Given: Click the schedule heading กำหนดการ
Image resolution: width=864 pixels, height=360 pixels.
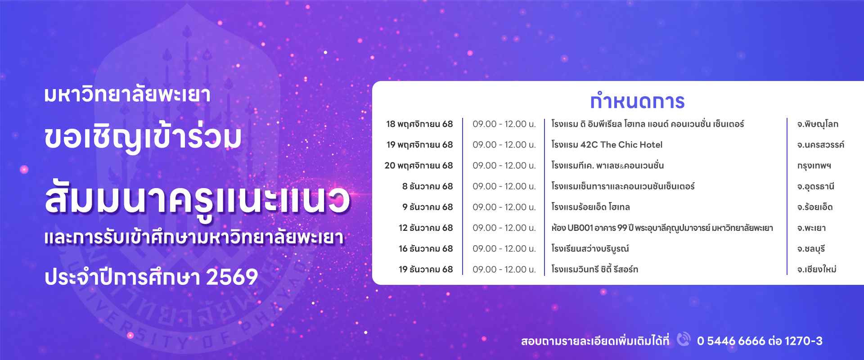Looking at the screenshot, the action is click(637, 101).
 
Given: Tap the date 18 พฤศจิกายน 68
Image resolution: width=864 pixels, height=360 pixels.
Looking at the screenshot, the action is click(419, 124).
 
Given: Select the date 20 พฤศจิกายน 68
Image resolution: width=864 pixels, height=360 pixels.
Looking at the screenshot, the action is click(418, 166).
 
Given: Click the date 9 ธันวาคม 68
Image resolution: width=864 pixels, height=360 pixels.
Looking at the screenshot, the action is click(427, 207).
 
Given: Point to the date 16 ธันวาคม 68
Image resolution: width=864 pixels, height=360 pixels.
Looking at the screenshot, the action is click(426, 248).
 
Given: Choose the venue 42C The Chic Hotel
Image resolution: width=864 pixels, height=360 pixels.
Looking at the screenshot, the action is click(621, 145).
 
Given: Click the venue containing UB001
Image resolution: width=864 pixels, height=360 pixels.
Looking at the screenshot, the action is click(662, 228).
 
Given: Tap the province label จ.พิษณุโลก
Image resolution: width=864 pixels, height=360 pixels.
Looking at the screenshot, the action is click(818, 124).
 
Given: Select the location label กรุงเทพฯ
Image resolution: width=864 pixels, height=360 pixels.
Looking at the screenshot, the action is click(814, 166).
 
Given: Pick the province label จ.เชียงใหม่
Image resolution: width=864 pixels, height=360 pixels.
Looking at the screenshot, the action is click(817, 269).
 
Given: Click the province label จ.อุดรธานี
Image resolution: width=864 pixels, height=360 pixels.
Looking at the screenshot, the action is click(816, 186).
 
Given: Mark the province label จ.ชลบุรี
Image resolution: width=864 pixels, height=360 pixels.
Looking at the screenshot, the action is click(811, 248).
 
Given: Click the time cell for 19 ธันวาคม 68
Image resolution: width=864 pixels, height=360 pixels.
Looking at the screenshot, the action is click(504, 270).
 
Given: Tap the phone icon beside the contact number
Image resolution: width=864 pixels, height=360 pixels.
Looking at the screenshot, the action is click(684, 339).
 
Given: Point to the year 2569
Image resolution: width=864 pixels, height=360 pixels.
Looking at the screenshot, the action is click(232, 277).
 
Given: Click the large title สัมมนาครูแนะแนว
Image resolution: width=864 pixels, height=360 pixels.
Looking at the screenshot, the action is click(197, 198).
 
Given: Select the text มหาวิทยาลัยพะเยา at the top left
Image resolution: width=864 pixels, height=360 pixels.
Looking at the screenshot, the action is click(127, 94).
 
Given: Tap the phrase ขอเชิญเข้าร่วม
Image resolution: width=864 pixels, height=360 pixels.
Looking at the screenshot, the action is click(143, 137).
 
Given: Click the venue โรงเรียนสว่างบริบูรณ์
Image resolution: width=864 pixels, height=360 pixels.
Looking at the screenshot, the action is click(590, 249).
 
